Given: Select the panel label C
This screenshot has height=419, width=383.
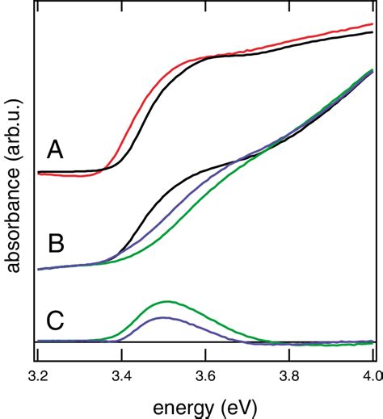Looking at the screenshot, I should point(54,320).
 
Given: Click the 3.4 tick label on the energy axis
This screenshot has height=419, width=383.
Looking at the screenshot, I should point(121,376).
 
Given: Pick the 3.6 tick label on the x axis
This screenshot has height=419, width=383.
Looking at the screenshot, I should point(205,376).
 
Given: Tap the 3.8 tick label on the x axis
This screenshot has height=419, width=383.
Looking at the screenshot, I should point(289,376).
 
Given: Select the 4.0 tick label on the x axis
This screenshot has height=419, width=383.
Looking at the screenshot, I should point(369,376).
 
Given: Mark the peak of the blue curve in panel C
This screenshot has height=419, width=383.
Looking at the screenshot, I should point(164,317).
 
